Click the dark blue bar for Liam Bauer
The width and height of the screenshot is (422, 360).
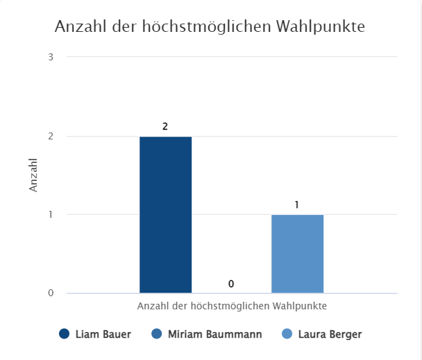pyautogui.click(x=165, y=214)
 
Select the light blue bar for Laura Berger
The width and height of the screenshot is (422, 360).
pyautogui.click(x=297, y=253)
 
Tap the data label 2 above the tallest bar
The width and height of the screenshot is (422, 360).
pyautogui.click(x=165, y=127)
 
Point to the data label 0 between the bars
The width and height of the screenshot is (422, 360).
pyautogui.click(x=231, y=284)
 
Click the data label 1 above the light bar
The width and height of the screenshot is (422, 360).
pyautogui.click(x=297, y=205)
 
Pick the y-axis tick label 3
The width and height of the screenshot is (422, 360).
pyautogui.click(x=51, y=57)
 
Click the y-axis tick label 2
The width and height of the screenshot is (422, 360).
pyautogui.click(x=51, y=136)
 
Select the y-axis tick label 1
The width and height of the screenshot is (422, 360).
pyautogui.click(x=51, y=214)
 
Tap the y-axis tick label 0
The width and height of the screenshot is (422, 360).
pyautogui.click(x=51, y=293)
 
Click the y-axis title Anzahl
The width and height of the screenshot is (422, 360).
pyautogui.click(x=33, y=175)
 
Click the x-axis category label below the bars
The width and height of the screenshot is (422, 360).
pyautogui.click(x=232, y=305)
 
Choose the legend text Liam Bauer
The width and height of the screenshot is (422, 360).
pyautogui.click(x=103, y=334)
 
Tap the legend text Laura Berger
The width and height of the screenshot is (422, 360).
pyautogui.click(x=330, y=334)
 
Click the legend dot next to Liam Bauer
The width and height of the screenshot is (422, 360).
pyautogui.click(x=65, y=334)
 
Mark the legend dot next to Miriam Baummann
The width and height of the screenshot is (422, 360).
pyautogui.click(x=156, y=334)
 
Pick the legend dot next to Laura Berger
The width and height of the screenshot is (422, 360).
pyautogui.click(x=287, y=334)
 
